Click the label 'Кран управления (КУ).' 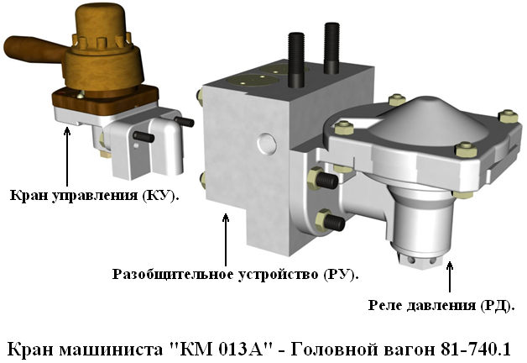pos(95,195)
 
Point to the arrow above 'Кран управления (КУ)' pos(67,156)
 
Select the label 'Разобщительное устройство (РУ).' pos(235,274)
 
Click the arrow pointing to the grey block pos(226,239)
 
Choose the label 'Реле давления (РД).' pos(441,305)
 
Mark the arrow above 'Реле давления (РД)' pos(450,276)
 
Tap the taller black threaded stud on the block pos(296,60)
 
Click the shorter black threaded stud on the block pos(331,48)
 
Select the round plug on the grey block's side pos(267,143)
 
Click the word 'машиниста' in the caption pos(111,350)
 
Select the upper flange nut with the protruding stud pos(322,179)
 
